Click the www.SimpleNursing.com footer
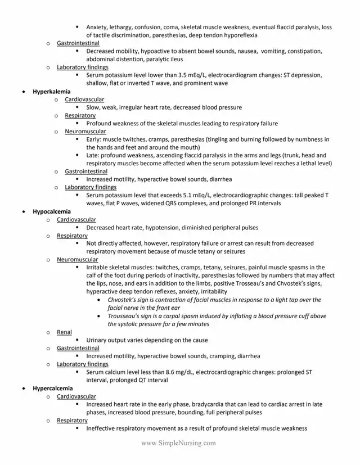click(179, 443)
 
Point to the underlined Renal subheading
click(64, 332)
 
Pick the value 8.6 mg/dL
click(182, 372)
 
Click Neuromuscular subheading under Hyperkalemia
click(85, 131)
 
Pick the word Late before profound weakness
click(93, 155)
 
